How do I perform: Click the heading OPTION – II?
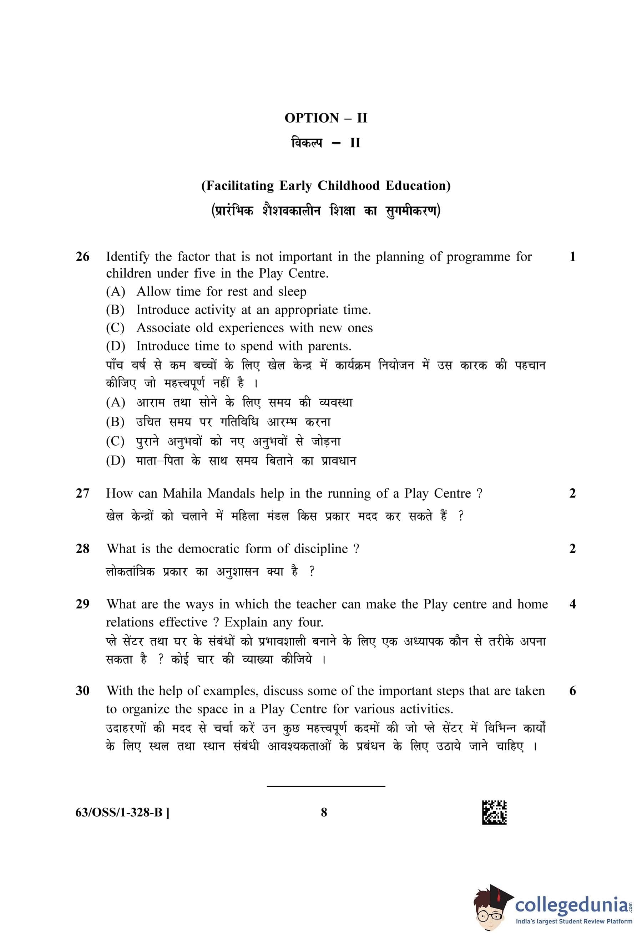[x=326, y=118]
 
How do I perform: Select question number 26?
[x=82, y=256]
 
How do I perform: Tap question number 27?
[x=82, y=493]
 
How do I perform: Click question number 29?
[x=82, y=604]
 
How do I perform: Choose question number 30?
[x=82, y=691]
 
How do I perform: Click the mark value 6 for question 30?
[x=572, y=691]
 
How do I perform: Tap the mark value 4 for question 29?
[x=572, y=604]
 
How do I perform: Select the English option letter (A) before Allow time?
[x=116, y=291]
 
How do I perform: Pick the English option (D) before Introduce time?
[x=116, y=346]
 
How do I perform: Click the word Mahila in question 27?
[x=182, y=493]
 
